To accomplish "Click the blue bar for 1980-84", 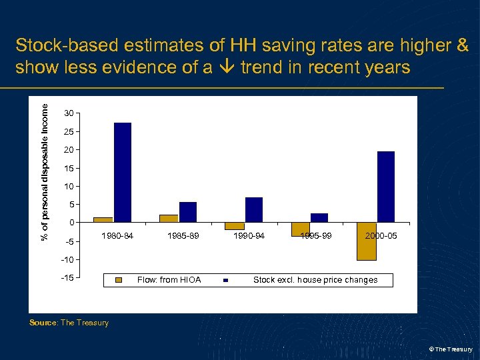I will coord(123,172).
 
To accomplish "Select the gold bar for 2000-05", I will coord(367,241).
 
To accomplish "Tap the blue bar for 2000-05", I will coord(386,187).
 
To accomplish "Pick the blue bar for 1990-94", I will coord(254,209).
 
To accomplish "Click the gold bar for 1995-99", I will coord(301,229).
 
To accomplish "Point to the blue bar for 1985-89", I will coord(188,212).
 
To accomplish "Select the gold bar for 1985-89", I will coord(169,218).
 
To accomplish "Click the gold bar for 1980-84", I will coord(103,219).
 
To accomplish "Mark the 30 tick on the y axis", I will coord(69,113).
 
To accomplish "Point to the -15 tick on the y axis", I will coord(68,277).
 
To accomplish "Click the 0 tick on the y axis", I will coord(72,223).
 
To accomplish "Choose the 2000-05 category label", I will coord(381,236).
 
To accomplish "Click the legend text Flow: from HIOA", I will coord(169,280).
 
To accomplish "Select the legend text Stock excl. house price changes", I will coord(315,280).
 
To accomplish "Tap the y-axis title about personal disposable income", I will coord(45,167).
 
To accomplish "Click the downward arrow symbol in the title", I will coord(227,68).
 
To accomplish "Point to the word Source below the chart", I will coord(43,323).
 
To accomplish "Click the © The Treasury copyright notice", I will coord(451,349).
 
